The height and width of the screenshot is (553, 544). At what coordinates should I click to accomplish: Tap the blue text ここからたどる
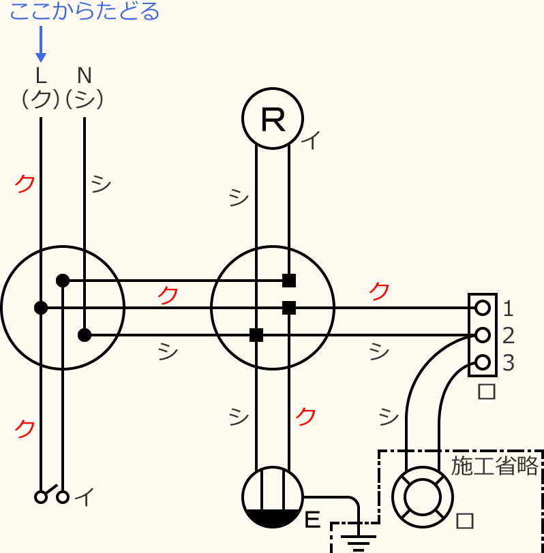click(85, 12)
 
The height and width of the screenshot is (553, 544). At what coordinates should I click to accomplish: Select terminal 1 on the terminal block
click(483, 308)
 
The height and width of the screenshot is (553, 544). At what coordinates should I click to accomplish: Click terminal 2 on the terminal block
click(483, 335)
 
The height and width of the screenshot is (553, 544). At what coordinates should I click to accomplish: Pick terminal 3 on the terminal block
click(483, 362)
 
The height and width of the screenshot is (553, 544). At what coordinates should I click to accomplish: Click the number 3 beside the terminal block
click(508, 363)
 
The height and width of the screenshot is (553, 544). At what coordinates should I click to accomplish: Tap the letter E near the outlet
click(312, 520)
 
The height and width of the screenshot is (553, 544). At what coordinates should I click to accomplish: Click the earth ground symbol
click(359, 543)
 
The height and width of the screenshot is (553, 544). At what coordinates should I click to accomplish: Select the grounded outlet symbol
click(273, 497)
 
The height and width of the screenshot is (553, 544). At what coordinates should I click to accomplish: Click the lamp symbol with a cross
click(423, 497)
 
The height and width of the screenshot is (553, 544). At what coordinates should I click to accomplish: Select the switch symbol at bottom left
click(52, 496)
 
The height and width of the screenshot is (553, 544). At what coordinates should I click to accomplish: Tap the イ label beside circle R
click(310, 141)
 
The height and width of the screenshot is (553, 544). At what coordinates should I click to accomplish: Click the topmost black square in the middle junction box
click(289, 280)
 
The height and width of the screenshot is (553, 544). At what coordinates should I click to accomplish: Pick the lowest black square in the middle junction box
click(256, 335)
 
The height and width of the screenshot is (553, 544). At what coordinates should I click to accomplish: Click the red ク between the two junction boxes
click(168, 295)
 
